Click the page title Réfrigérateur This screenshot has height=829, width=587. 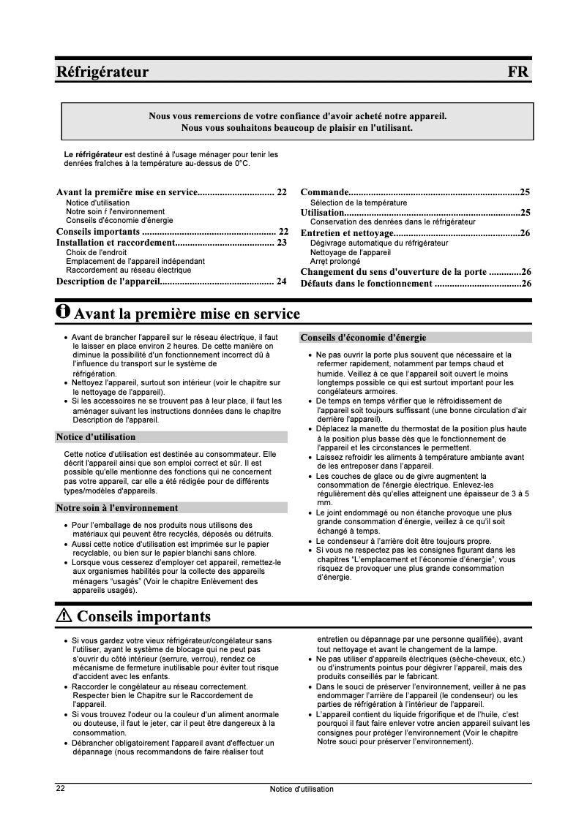[102, 72]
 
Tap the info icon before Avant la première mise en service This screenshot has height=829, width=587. [64, 312]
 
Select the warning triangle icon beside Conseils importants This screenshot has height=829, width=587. [64, 616]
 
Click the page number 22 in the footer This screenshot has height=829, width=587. [61, 789]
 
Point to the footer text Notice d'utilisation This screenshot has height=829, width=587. [301, 789]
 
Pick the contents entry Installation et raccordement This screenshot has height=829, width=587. [115, 242]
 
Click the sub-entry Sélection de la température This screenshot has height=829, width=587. [359, 202]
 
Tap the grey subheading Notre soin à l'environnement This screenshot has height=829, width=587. [117, 507]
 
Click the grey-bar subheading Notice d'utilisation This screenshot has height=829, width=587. [96, 437]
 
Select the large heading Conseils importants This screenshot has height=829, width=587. [143, 616]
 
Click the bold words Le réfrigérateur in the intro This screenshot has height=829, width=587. [93, 154]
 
